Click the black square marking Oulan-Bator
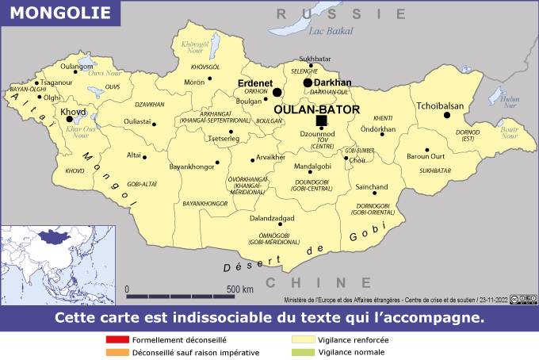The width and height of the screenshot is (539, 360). coord(321,120)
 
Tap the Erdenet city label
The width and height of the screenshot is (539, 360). coord(255,82)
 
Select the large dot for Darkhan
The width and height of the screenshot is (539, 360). coord(308,82)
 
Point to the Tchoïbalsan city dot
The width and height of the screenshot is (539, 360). coord(447,115)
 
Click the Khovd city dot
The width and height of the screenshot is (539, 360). coord(69,120)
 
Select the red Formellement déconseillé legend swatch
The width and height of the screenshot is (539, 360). coord(117,339)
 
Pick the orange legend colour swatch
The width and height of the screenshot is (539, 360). coord(117,351)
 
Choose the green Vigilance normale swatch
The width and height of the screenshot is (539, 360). coord(304,351)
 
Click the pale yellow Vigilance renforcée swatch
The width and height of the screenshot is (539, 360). coord(304,339)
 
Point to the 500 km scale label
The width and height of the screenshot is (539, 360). coord(240,289)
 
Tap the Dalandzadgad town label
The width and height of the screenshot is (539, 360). coord(272,218)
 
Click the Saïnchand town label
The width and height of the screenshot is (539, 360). coord(372,187)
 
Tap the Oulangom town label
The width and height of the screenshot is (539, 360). coord(77,67)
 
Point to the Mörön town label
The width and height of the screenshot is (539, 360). coord(194,82)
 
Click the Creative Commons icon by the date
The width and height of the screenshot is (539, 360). coord(517,299)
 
